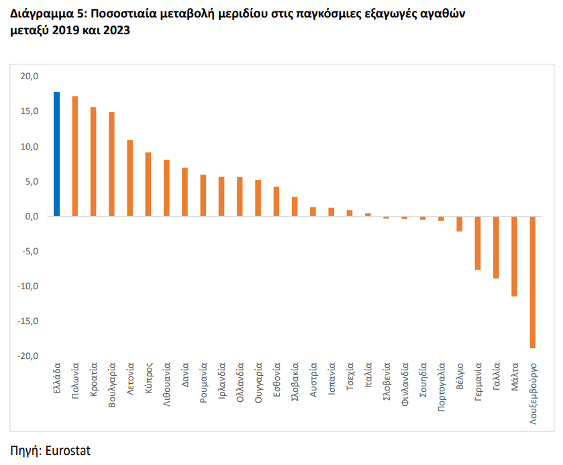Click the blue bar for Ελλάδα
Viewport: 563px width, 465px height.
pos(57,154)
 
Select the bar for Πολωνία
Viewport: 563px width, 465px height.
pos(75,156)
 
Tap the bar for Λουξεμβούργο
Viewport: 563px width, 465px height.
pos(533,282)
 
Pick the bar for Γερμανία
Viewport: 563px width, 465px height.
pos(478,243)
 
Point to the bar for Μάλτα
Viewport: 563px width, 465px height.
pos(514,256)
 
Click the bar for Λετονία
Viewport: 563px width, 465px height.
pos(130,178)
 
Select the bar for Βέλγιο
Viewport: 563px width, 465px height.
pos(459,224)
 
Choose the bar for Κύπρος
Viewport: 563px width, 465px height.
pos(148,185)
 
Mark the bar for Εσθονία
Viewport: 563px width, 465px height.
pos(276,201)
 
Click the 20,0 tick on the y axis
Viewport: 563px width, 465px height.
pos(29,76)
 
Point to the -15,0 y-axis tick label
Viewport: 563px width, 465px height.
pos(28,321)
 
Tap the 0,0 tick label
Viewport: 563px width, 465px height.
pos(32,217)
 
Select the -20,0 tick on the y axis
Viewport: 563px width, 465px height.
pos(28,356)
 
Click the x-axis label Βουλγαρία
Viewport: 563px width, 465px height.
pos(111,385)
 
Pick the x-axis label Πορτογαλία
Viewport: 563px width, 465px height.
pos(442,386)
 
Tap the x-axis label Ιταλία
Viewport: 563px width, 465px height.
pos(368,375)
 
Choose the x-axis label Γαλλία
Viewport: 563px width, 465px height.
pos(496,376)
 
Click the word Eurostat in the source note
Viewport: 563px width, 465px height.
pos(68,451)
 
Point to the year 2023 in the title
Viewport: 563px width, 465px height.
pos(116,30)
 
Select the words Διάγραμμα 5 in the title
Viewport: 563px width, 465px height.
pos(47,14)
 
